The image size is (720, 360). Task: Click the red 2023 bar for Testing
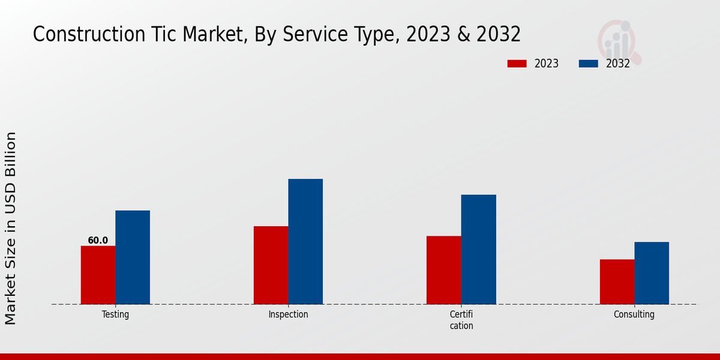coord(98,275)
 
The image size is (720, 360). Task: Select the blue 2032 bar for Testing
coord(133,257)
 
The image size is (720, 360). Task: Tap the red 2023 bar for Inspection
coord(271,265)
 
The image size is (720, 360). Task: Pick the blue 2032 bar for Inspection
coord(305,241)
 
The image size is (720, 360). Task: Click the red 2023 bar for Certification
coord(444,270)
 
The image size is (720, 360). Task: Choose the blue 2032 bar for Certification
coord(479,249)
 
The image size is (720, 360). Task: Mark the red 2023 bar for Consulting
coord(617,281)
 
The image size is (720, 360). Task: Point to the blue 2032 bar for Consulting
coord(652,273)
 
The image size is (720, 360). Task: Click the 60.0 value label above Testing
coord(98,241)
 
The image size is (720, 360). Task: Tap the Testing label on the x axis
coord(115,314)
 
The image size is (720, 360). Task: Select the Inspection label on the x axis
coord(288,314)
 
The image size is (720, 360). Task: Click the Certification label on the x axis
coord(461,320)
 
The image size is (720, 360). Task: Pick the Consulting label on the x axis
coord(634,314)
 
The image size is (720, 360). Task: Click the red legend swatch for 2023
coord(517,64)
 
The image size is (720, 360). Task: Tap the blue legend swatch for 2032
coord(588,64)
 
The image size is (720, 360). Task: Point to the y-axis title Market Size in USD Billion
coord(11,228)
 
